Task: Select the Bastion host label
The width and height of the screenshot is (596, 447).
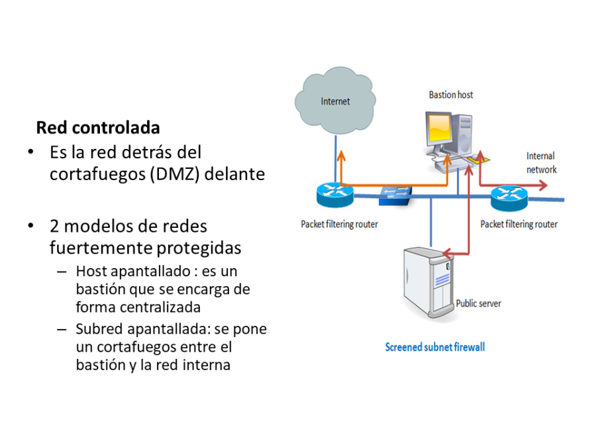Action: point(451,95)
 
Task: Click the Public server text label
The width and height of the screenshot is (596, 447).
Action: point(478,303)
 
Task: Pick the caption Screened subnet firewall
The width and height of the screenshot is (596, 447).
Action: point(435,346)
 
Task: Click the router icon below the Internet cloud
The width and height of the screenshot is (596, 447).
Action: point(335,193)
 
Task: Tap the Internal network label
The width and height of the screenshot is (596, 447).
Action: point(540,162)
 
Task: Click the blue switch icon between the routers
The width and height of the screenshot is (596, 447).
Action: point(395,193)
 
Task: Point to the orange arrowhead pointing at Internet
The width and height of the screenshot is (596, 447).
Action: point(342,155)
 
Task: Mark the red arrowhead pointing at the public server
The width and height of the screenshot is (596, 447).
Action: point(446,253)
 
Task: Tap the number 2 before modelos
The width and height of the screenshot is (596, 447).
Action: point(54,226)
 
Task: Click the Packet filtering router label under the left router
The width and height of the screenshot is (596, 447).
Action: point(339,224)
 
